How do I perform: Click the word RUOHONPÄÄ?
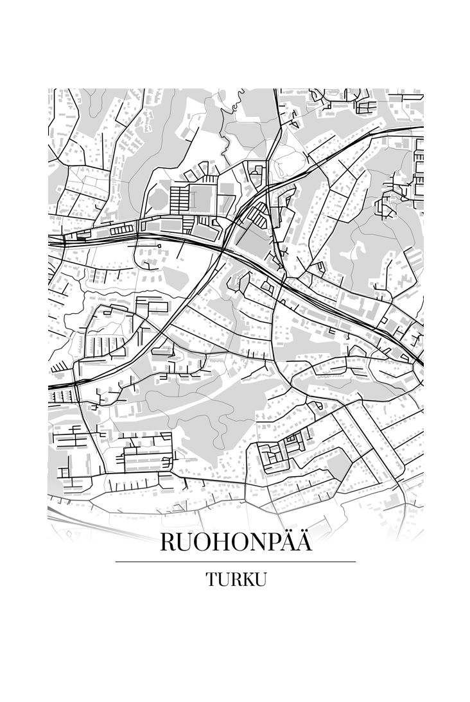(236, 542)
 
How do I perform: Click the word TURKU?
(236, 579)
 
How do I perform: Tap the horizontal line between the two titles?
(236, 561)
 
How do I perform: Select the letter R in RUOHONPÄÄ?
(168, 543)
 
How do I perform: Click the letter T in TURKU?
(211, 579)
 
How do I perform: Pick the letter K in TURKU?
(247, 579)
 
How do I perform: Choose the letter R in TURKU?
(235, 579)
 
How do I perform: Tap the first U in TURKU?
(223, 579)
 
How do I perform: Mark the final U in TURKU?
(260, 579)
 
